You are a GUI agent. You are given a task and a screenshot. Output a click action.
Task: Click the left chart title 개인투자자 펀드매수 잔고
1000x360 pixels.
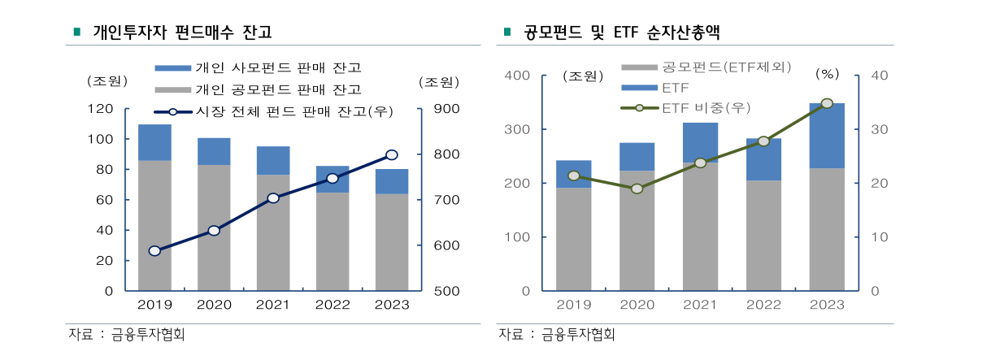click(182, 33)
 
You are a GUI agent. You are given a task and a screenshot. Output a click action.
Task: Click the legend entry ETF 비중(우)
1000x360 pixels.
click(706, 107)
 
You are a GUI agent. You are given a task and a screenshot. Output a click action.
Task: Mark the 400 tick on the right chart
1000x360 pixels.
click(519, 76)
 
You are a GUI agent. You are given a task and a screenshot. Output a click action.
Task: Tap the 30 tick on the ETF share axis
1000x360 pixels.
click(881, 129)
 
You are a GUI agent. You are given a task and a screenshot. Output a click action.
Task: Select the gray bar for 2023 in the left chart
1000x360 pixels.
click(392, 241)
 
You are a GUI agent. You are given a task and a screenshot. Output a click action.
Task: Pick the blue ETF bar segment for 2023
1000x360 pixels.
click(827, 136)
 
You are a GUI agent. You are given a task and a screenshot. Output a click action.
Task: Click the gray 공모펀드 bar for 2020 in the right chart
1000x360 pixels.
click(637, 230)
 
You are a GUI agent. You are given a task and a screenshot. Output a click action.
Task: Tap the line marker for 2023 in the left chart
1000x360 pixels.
click(392, 154)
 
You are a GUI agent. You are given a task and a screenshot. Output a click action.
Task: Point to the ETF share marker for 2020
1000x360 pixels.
click(637, 189)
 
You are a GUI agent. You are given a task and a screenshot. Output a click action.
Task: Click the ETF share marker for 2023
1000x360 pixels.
click(827, 103)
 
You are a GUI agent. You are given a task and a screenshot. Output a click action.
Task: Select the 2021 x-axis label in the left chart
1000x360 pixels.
click(273, 305)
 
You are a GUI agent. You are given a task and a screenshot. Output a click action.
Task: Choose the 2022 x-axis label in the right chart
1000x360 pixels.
click(763, 305)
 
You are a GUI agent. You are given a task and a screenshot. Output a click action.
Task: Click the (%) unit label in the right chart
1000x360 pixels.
click(827, 74)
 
